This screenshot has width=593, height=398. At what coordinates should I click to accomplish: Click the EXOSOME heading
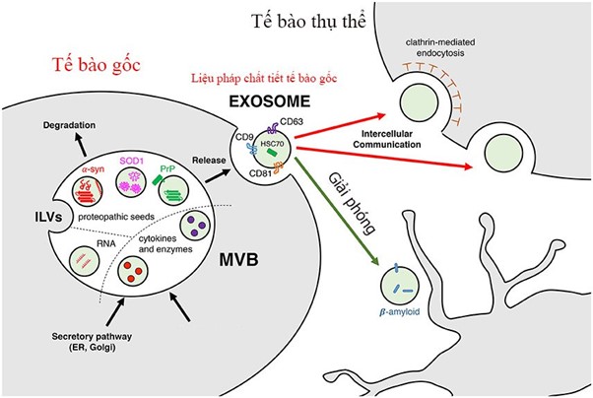(270, 101)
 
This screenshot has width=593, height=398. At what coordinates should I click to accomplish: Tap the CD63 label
(292, 122)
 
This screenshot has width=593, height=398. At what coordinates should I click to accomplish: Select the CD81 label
(261, 173)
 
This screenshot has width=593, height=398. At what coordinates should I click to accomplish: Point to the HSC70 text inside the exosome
(272, 144)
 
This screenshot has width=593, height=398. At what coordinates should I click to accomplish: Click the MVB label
(239, 260)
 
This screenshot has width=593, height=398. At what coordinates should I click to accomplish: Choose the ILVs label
(48, 217)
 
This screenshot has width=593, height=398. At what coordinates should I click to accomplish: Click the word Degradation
(69, 125)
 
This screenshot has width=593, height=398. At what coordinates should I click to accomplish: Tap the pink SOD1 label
(132, 161)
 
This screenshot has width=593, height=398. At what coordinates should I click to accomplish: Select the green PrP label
(167, 168)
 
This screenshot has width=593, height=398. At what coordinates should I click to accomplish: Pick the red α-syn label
(93, 169)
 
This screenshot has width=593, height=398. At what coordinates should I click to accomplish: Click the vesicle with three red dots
(133, 271)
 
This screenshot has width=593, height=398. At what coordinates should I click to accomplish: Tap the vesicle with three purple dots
(195, 226)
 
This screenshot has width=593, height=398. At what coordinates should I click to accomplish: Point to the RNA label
(106, 243)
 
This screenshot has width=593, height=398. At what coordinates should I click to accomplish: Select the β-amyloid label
(399, 312)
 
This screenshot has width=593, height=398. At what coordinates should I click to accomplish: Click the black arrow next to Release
(218, 176)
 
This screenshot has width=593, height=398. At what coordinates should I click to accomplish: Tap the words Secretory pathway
(92, 336)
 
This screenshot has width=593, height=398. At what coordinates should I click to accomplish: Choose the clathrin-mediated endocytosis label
(440, 47)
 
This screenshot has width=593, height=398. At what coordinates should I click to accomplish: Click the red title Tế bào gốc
(97, 65)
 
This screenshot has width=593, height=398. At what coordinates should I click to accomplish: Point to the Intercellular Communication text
(386, 139)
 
